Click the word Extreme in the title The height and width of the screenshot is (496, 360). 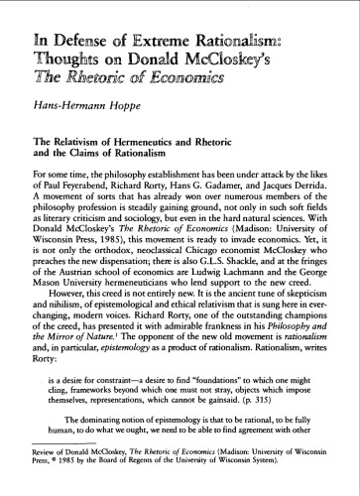(x=141, y=40)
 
